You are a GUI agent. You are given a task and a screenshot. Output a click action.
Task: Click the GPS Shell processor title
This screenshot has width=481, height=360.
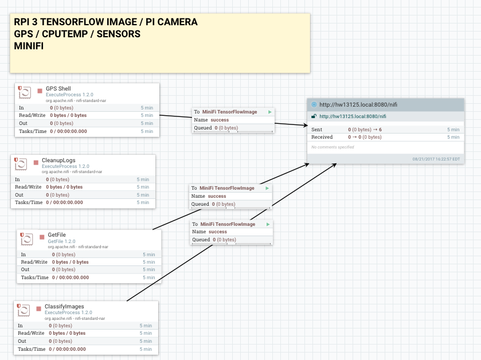[x=58, y=89]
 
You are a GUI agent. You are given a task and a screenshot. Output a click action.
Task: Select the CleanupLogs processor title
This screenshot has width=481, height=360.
[x=58, y=160]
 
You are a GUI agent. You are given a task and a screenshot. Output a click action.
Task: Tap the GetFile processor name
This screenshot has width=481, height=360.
[x=56, y=235]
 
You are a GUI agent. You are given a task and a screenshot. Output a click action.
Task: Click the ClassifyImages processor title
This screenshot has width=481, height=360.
[x=64, y=307]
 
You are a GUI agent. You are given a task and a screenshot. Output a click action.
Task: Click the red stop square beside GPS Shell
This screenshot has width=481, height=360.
[x=40, y=91]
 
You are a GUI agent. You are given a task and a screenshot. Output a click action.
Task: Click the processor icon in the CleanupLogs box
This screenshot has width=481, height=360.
[x=21, y=164]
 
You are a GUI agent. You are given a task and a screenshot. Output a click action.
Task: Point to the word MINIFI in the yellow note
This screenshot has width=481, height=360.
[x=29, y=46]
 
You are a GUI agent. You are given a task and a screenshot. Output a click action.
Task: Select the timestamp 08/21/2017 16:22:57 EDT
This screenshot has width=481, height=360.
[x=436, y=159]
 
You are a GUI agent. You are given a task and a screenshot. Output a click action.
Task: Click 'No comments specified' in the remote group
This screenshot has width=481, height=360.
[x=333, y=147]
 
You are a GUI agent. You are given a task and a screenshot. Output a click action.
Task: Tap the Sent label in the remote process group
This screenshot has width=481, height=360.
[x=317, y=130]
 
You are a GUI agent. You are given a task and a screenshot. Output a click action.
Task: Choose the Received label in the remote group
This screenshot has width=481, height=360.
[x=322, y=137]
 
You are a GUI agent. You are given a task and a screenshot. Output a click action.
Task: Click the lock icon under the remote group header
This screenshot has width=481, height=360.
[x=314, y=116]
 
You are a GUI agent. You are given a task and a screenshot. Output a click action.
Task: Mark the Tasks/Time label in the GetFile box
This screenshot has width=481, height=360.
[x=35, y=277]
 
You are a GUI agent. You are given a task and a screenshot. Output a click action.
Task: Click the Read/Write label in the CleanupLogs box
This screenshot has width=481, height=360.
[x=28, y=187]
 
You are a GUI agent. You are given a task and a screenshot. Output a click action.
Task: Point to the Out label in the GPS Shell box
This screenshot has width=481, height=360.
[x=22, y=123]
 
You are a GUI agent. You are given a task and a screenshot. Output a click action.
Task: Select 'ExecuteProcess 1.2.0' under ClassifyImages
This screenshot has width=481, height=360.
[x=68, y=312]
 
